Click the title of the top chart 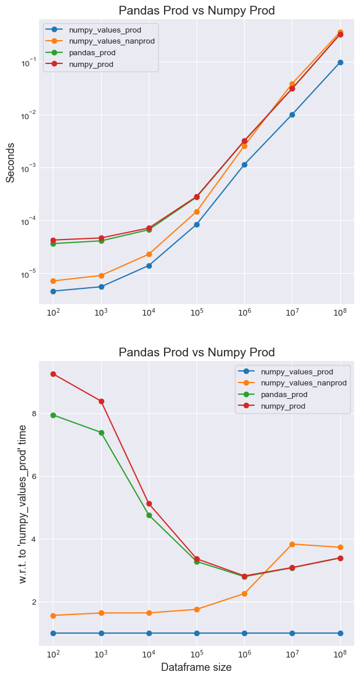196,10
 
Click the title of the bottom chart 196,352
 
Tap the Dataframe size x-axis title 196,667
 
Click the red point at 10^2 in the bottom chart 54,374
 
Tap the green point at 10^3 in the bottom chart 101,433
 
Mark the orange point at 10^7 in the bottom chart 293,544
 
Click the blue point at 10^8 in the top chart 340,62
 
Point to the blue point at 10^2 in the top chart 54,291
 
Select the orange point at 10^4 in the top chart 149,254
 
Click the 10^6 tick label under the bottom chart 244,653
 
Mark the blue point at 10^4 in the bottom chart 149,633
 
